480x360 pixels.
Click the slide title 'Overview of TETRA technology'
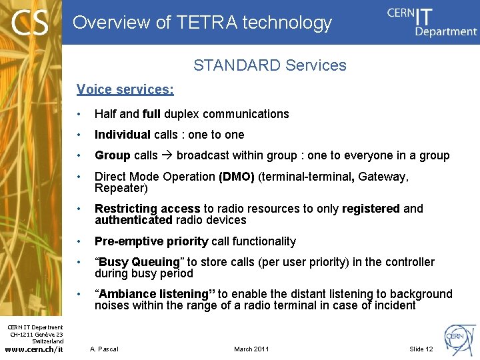pyautogui.click(x=202, y=23)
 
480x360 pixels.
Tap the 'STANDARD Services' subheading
pyautogui.click(x=269, y=65)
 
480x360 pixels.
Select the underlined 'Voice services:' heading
pyautogui.click(x=125, y=89)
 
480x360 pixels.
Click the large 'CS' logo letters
pyautogui.click(x=29, y=24)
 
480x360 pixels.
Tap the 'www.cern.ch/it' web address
pyautogui.click(x=34, y=349)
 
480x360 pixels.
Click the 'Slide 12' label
pyautogui.click(x=421, y=349)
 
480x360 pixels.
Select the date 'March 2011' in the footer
pyautogui.click(x=252, y=349)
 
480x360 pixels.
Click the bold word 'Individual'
pyautogui.click(x=123, y=135)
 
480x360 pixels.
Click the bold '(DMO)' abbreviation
pyautogui.click(x=236, y=177)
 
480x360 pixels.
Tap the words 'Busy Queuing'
pyautogui.click(x=139, y=262)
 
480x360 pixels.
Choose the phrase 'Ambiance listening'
pyautogui.click(x=154, y=294)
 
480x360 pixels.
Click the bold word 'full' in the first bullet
pyautogui.click(x=151, y=114)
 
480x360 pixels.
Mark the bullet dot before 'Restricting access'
pyautogui.click(x=79, y=209)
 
